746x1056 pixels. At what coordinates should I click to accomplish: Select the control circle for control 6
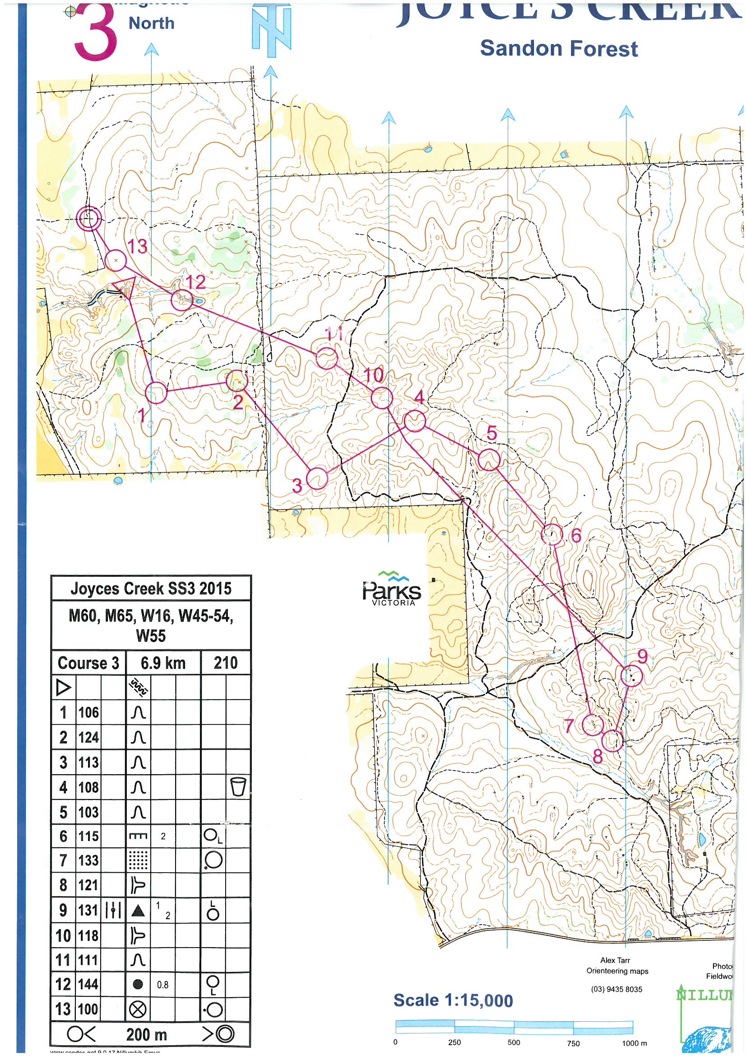click(x=552, y=534)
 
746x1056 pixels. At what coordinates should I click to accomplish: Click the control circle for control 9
click(x=630, y=676)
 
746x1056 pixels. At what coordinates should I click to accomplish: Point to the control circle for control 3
click(x=317, y=478)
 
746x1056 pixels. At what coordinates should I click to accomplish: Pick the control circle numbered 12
click(x=181, y=301)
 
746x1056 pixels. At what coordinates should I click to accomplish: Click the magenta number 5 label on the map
click(x=492, y=433)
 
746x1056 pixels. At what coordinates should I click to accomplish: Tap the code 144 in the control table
click(x=88, y=984)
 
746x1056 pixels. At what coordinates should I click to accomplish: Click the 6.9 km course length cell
click(x=163, y=663)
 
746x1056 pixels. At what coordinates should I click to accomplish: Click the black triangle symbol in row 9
click(x=139, y=911)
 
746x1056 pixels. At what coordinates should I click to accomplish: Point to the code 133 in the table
click(x=88, y=860)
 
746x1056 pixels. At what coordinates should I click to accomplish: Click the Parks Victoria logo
click(x=392, y=589)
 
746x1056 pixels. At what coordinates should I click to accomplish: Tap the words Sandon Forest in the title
click(x=558, y=49)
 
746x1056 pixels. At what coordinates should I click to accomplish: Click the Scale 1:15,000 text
click(x=453, y=1000)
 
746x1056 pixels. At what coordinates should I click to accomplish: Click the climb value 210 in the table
click(x=226, y=663)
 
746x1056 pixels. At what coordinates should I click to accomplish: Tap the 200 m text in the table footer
click(x=147, y=1034)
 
